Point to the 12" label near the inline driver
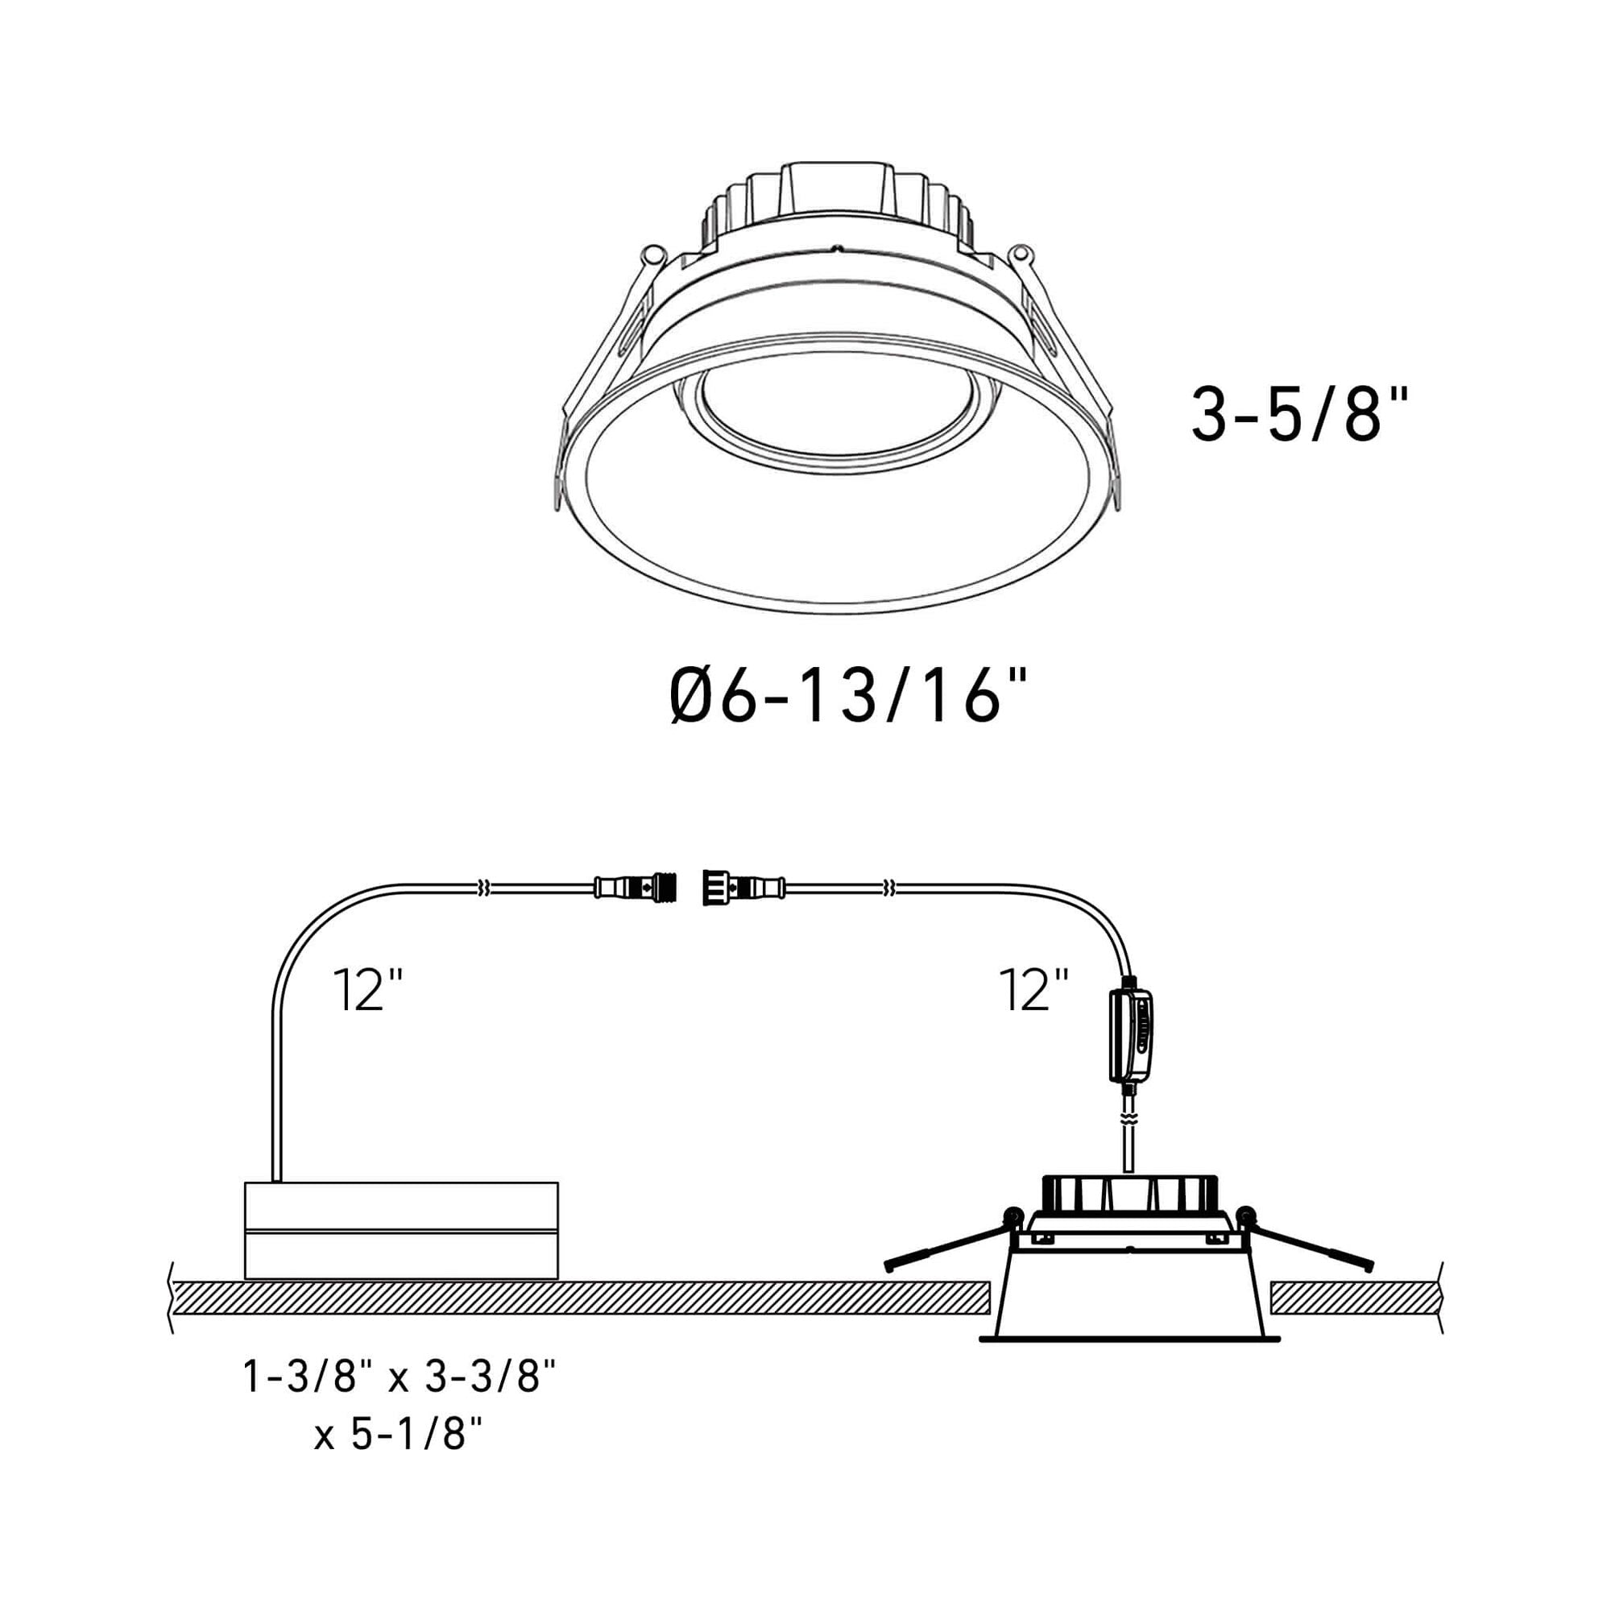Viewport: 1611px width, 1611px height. [1033, 990]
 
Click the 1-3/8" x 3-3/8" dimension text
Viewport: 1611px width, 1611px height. [399, 1377]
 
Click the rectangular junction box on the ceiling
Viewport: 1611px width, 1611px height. [401, 1230]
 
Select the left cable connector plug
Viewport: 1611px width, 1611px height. [636, 885]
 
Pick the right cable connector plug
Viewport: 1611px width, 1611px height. [744, 885]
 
